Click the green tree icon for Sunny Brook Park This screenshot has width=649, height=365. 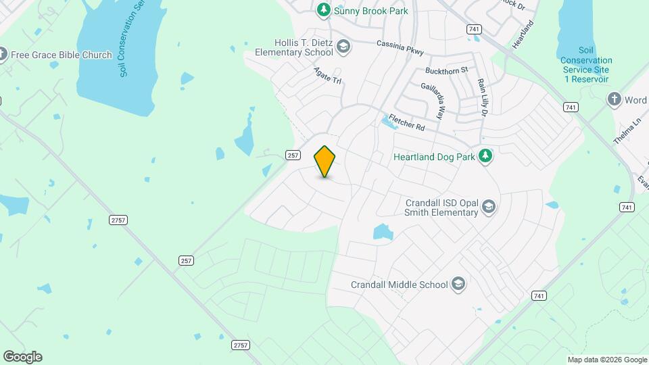[x=324, y=10]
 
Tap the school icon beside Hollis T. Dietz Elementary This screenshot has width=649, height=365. [x=343, y=47]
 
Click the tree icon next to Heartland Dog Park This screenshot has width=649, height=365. [x=485, y=156]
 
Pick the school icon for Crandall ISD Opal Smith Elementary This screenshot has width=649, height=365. [x=489, y=206]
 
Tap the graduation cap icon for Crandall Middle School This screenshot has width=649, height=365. [x=458, y=284]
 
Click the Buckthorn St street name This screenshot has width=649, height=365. [x=447, y=70]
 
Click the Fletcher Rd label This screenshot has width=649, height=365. [x=406, y=122]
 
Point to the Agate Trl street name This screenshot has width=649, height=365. [x=328, y=75]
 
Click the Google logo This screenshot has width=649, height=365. [x=22, y=357]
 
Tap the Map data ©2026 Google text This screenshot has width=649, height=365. [x=607, y=360]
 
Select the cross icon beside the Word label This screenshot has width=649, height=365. [x=614, y=99]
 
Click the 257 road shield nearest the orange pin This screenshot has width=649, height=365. [x=292, y=155]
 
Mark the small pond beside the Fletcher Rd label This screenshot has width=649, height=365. [x=389, y=121]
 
